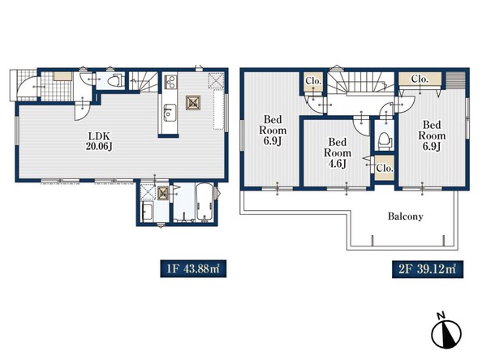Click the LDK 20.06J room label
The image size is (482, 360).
click(x=99, y=141)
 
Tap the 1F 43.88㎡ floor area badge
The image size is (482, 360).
click(x=193, y=268)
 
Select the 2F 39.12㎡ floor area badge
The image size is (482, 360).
click(x=428, y=269)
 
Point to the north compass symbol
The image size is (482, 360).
click(x=446, y=332)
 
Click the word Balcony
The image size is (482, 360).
click(x=406, y=216)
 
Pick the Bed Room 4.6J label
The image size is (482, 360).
click(x=338, y=152)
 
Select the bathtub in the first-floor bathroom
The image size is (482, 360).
click(x=204, y=202)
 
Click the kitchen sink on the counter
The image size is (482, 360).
click(x=170, y=113)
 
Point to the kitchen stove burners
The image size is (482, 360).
click(x=170, y=82)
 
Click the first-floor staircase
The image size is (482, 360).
click(x=143, y=81)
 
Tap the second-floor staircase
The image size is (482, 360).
click(x=360, y=83)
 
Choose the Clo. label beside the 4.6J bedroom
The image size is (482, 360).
click(x=385, y=168)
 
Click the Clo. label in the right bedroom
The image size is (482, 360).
click(x=420, y=79)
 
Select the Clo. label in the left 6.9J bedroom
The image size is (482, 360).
click(x=313, y=81)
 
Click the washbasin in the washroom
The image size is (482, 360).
click(x=148, y=212)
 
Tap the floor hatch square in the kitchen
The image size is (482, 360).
click(x=193, y=103)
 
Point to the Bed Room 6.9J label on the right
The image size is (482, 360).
click(x=432, y=135)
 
